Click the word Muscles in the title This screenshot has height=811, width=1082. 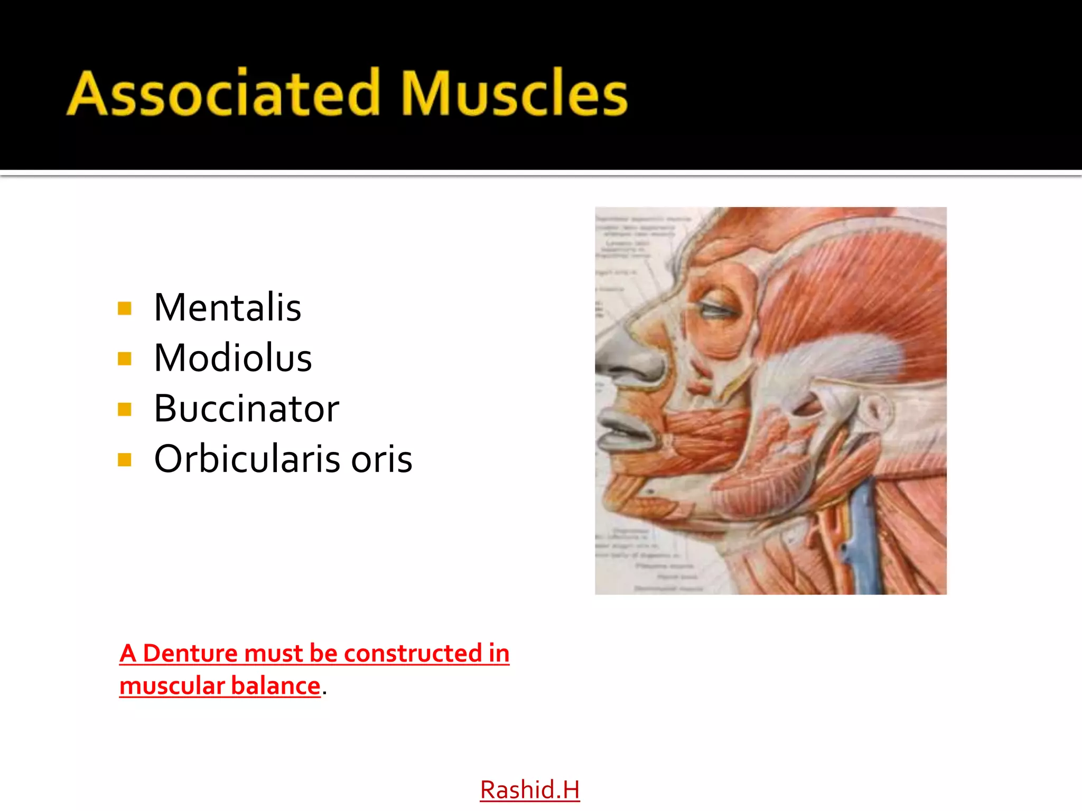point(514,93)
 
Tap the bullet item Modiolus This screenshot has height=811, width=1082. point(232,358)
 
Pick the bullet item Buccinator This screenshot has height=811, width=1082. point(246,409)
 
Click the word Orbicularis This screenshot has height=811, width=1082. point(246,459)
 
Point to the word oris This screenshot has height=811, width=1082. point(381,459)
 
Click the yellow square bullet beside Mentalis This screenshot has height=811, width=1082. point(125,308)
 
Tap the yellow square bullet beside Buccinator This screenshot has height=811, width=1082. point(125,409)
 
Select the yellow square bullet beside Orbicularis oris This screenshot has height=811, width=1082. point(125,460)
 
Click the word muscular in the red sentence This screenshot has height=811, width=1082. point(172,686)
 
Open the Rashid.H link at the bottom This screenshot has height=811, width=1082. point(529,790)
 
